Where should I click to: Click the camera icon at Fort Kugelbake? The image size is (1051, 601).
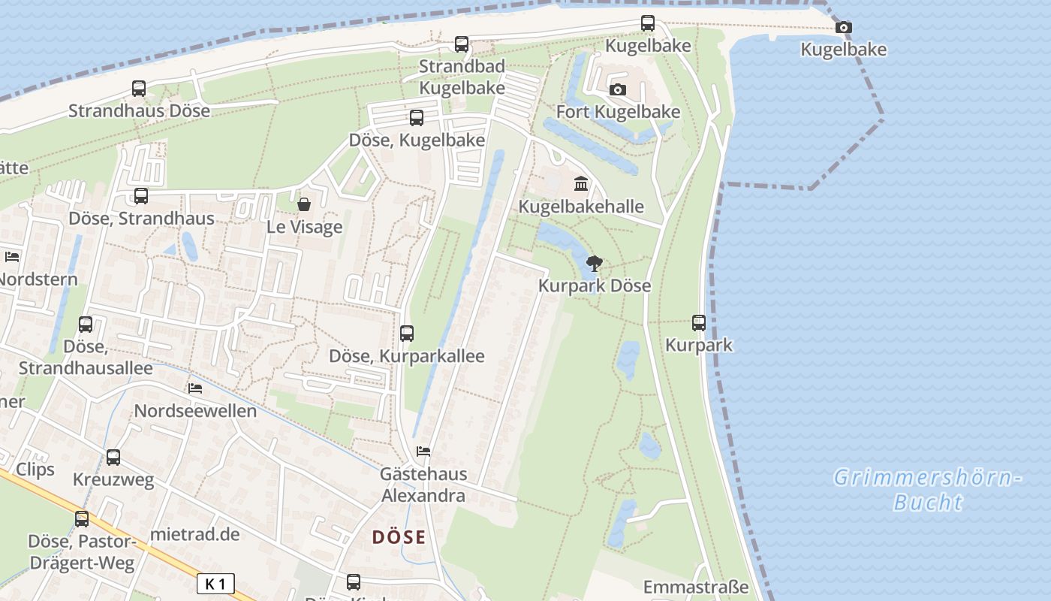point(617,90)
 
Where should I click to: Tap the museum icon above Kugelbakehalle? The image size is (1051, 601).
point(581,183)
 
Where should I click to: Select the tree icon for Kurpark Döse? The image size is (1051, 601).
point(595,263)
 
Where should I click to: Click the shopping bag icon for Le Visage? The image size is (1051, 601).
point(304,204)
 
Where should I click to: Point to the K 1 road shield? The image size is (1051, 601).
point(215,584)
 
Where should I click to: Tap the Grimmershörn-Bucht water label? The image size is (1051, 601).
point(928,489)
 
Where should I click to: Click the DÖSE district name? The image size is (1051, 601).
point(399,537)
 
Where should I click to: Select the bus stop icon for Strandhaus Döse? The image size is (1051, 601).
point(139,89)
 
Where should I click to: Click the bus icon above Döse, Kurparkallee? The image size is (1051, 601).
point(407,333)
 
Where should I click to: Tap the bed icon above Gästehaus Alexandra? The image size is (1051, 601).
point(423,452)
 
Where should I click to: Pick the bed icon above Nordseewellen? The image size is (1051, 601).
point(195,388)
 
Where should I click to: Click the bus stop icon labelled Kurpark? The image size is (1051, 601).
point(699,323)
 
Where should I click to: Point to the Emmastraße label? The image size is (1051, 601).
point(696,587)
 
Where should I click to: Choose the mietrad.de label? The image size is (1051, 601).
point(195,534)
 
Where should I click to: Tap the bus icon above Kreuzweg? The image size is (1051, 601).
point(113,457)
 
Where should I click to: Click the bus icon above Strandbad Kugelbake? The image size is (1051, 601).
point(462,44)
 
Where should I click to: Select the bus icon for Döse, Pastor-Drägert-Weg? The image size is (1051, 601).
point(82,518)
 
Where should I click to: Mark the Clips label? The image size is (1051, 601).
point(35,470)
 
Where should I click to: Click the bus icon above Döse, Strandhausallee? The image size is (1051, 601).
point(86,325)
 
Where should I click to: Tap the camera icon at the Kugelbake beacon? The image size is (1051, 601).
point(844,28)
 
